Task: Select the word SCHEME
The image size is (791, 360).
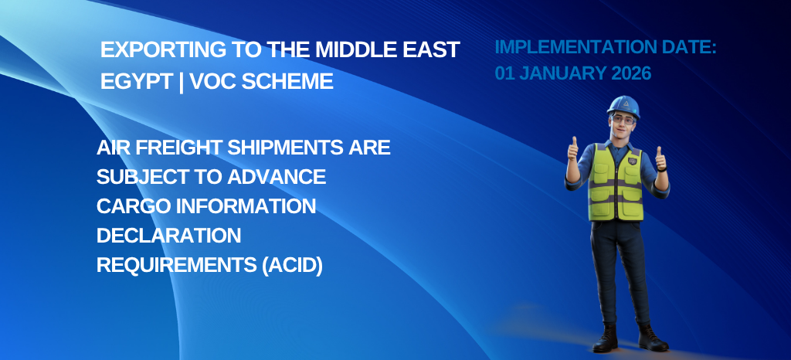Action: tap(287, 81)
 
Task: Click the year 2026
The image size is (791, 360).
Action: tap(631, 73)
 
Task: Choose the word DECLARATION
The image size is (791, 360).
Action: tap(168, 235)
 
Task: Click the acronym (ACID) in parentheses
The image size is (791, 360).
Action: tap(291, 265)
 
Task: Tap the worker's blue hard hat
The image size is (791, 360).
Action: tap(623, 106)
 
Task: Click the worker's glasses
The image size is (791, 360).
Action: tap(623, 120)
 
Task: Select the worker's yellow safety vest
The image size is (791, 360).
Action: tap(616, 182)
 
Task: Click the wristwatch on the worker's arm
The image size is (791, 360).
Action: tap(662, 169)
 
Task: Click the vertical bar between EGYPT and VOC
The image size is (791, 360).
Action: tap(181, 82)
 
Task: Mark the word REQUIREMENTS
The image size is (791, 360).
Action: tap(177, 265)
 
